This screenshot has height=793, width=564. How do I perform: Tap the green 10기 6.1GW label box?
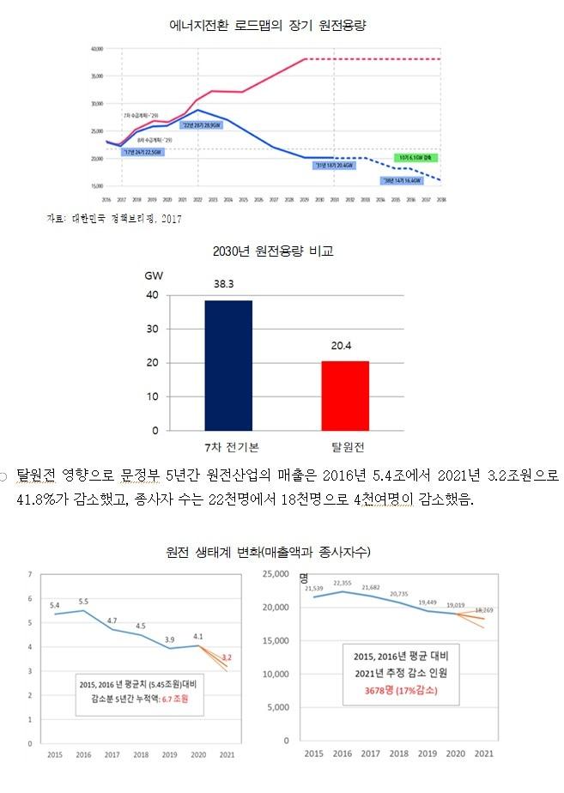point(416,158)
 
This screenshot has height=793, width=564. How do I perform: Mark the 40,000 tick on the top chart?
point(97,49)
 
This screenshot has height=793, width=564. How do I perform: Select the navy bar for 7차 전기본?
point(228,365)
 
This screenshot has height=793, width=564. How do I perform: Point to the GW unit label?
point(154,275)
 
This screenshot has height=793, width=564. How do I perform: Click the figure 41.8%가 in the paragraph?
point(59,499)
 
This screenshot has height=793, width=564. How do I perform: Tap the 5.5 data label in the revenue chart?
point(84,602)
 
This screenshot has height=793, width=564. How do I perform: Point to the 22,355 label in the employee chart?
point(343,583)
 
